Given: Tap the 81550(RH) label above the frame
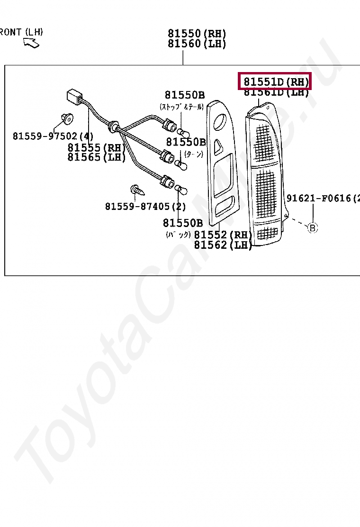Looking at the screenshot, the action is click(x=197, y=34).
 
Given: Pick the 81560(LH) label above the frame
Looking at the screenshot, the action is click(x=197, y=44).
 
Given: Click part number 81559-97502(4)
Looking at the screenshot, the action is click(x=53, y=136).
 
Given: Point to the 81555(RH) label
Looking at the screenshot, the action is click(x=97, y=147).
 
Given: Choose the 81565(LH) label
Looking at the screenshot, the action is click(x=97, y=157).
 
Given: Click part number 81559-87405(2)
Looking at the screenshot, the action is click(x=145, y=207).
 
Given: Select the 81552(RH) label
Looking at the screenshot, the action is click(x=223, y=235).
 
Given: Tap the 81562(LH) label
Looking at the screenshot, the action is click(x=223, y=245).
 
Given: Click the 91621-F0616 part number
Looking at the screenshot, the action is click(x=322, y=199).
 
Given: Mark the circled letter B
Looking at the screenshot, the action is click(x=312, y=228).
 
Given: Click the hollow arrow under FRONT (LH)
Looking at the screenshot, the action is click(x=32, y=44).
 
